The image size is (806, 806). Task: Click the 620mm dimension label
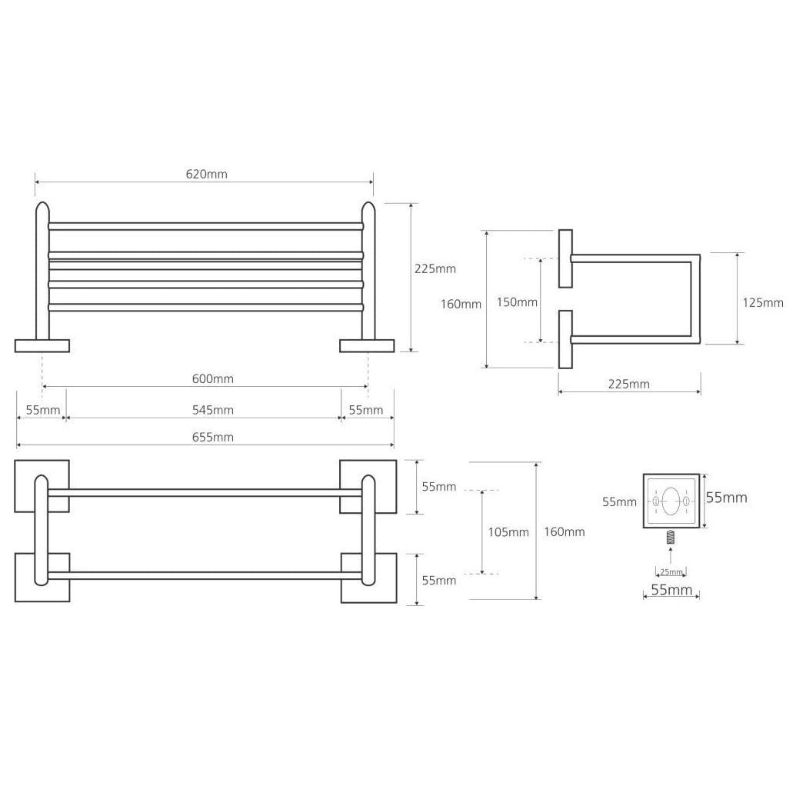coord(206,175)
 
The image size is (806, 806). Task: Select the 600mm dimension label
coord(213,379)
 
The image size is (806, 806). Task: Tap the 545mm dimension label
coord(213,410)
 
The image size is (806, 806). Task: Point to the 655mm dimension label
coord(213,438)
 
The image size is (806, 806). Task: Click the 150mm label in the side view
coord(517,302)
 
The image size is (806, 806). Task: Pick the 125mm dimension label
coord(763,303)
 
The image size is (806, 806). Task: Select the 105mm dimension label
coord(508,532)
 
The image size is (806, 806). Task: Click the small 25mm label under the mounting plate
coord(671,572)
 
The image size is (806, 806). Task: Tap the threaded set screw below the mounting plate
coord(671,538)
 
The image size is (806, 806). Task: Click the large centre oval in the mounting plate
coord(671,501)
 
